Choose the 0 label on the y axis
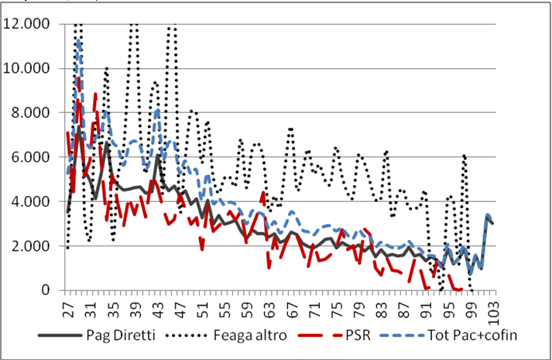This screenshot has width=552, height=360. point(46,290)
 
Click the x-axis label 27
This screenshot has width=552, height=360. point(68,309)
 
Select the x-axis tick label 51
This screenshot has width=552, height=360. point(202,309)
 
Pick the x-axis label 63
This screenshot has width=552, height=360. point(269,309)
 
